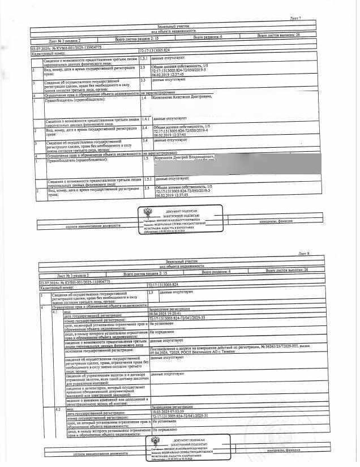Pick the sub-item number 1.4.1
[146, 119]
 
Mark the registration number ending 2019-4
[179, 131]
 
